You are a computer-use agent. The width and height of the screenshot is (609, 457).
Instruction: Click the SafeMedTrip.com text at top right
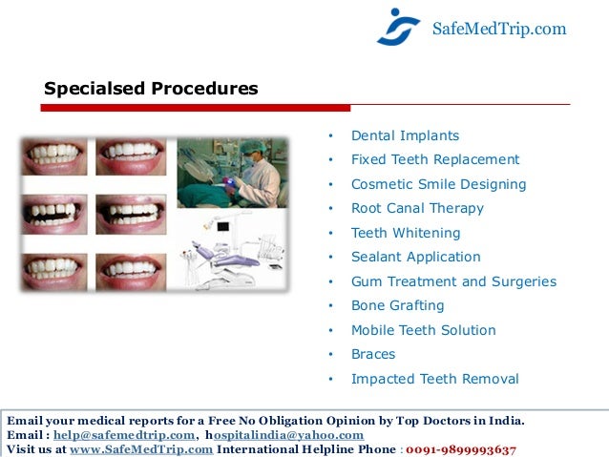click(499, 30)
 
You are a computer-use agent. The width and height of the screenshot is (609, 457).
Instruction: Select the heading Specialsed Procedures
click(151, 89)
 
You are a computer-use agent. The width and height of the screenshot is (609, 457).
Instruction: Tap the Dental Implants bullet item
click(405, 135)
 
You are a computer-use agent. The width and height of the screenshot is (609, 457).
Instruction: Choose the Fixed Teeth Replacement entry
click(435, 159)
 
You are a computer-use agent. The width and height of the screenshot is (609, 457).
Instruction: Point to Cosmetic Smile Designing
click(438, 184)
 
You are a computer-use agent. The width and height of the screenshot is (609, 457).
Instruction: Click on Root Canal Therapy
click(417, 208)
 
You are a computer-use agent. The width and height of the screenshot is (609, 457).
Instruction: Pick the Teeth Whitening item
click(406, 233)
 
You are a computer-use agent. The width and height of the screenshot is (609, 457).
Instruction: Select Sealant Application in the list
click(416, 257)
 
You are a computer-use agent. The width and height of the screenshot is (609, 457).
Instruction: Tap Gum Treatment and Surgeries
click(453, 281)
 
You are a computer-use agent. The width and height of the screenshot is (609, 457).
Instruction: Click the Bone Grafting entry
click(398, 305)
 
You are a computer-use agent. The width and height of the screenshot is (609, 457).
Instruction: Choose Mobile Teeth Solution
click(424, 330)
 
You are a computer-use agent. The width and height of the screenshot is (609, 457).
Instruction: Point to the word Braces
click(373, 354)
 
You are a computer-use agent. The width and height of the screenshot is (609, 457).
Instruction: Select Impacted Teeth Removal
click(435, 379)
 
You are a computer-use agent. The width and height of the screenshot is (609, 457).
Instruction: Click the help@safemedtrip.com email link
click(124, 435)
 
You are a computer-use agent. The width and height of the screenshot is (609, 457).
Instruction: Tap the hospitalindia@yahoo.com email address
click(285, 435)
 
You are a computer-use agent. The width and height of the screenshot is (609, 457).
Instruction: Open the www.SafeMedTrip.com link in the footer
click(141, 449)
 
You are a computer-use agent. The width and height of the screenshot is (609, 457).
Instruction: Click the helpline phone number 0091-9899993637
click(461, 449)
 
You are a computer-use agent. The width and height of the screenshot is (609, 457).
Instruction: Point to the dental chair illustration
click(230, 250)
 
